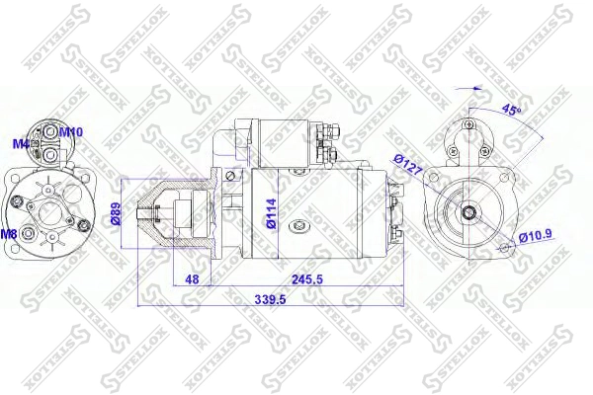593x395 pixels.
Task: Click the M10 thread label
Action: [x=71, y=131]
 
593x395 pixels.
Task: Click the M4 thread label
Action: [x=20, y=143]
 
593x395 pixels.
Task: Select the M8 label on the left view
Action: [x=9, y=234]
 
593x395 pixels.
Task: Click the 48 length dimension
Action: [x=193, y=279]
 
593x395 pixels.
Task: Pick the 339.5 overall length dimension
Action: [x=269, y=298]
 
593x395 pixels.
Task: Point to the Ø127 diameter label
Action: [x=407, y=166]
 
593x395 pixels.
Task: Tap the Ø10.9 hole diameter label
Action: [x=535, y=236]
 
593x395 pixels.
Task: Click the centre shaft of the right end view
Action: [x=466, y=210]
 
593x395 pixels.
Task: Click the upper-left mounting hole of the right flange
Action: [x=435, y=179]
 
